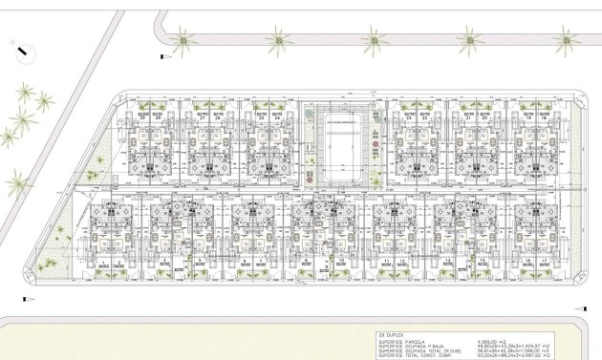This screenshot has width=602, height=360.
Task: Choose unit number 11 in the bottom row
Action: coord(375,259)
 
